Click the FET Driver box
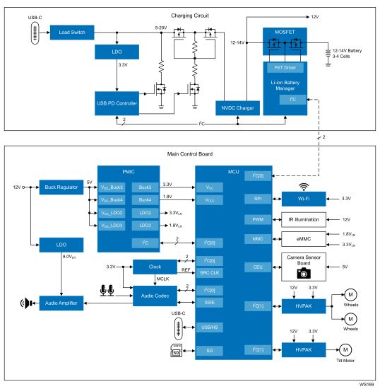point(285,68)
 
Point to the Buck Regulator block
point(60,187)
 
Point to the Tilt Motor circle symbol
point(346,349)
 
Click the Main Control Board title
point(190,153)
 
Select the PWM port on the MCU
point(256,220)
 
